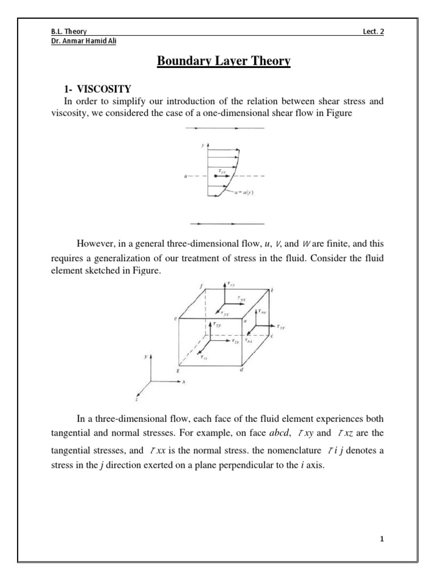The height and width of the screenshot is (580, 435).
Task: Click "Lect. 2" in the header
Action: pyautogui.click(x=373, y=31)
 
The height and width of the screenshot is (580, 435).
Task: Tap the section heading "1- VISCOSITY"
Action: pyautogui.click(x=96, y=89)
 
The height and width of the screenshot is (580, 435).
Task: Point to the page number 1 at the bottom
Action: pyautogui.click(x=382, y=539)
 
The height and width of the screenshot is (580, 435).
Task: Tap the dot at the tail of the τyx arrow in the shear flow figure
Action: pyautogui.click(x=216, y=176)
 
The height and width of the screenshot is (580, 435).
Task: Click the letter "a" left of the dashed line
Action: pyautogui.click(x=186, y=177)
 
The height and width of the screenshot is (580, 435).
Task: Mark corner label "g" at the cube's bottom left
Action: pyautogui.click(x=178, y=369)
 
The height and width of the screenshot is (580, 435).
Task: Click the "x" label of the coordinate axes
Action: pyautogui.click(x=184, y=382)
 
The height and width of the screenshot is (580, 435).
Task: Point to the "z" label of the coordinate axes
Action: pyautogui.click(x=137, y=399)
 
